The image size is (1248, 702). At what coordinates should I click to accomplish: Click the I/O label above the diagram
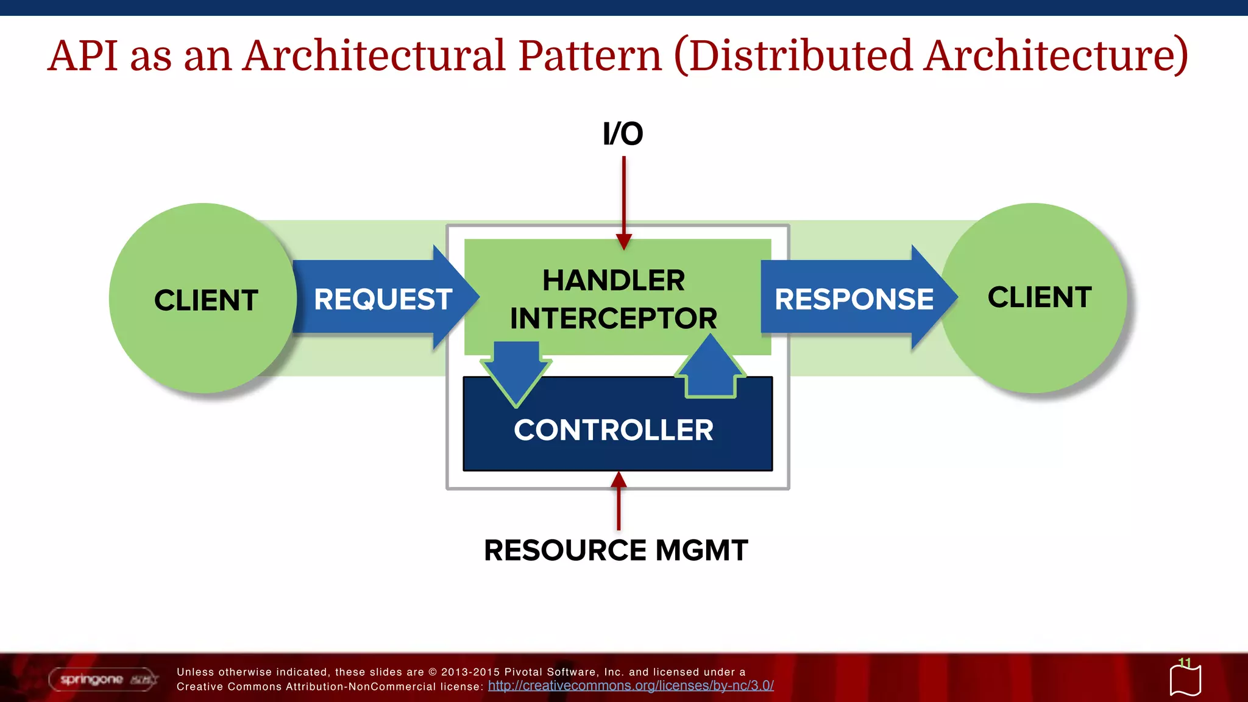pos(623,134)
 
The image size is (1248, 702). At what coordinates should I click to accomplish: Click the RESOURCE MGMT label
pos(615,550)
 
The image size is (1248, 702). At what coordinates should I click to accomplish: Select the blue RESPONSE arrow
pos(854,299)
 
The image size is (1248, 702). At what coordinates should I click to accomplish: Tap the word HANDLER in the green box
pos(614,281)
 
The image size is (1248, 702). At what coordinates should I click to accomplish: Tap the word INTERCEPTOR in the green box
pos(614,319)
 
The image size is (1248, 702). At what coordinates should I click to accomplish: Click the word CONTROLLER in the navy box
pos(614,430)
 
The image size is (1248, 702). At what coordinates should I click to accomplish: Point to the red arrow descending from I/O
pos(623,201)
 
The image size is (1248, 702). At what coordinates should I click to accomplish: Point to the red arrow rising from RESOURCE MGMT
pos(619,503)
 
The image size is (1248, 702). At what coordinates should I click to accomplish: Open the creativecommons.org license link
pos(631,686)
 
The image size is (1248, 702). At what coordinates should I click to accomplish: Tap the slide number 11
pos(1184,662)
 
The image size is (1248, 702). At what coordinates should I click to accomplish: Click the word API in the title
pos(82,55)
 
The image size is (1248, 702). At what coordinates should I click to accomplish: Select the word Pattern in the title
pos(589,55)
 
